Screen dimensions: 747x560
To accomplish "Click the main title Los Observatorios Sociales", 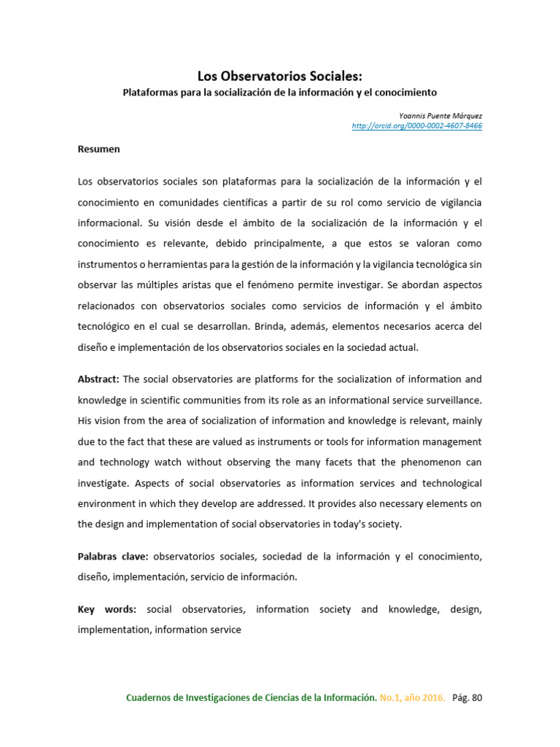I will (x=280, y=77).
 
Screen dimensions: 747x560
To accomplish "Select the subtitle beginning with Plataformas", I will (x=279, y=93).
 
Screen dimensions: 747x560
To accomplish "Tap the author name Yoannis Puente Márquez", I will (x=440, y=115).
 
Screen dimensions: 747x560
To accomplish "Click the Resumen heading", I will (x=98, y=149).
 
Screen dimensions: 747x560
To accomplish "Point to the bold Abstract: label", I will (x=99, y=379).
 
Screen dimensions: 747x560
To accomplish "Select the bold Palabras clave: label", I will (x=113, y=556).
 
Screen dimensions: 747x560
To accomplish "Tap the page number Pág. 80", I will (x=467, y=697).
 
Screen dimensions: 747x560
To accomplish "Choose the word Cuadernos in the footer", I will (x=151, y=697).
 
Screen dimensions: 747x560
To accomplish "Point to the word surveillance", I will (x=451, y=400).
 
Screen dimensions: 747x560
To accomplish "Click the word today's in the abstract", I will (x=358, y=525).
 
